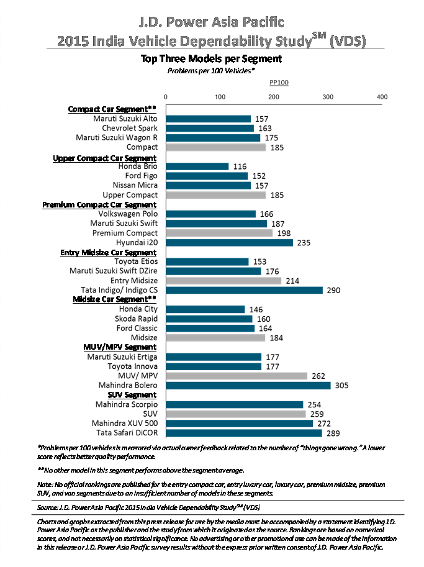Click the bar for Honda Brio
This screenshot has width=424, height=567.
[197, 166]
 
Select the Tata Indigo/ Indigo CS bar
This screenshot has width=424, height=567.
[245, 290]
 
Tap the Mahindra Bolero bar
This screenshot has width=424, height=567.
[248, 386]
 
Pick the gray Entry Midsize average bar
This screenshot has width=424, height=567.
[223, 281]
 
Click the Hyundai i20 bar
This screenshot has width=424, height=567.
[230, 243]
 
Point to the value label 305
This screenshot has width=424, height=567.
[341, 386]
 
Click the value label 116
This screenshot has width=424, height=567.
[240, 166]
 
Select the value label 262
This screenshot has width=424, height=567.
[318, 376]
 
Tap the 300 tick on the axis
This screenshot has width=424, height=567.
[328, 97]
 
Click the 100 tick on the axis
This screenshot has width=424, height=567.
[220, 97]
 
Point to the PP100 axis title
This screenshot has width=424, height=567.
[279, 83]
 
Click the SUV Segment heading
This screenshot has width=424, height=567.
[132, 395]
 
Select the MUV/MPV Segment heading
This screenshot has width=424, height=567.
[120, 347]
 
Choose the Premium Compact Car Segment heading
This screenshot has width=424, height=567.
[99, 205]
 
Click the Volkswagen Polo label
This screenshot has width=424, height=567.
[128, 214]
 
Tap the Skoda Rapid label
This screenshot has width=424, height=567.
[137, 319]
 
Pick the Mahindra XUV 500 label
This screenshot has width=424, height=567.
[125, 424]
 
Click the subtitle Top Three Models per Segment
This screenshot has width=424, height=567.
[212, 58]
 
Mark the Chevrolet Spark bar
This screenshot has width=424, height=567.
[210, 129]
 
